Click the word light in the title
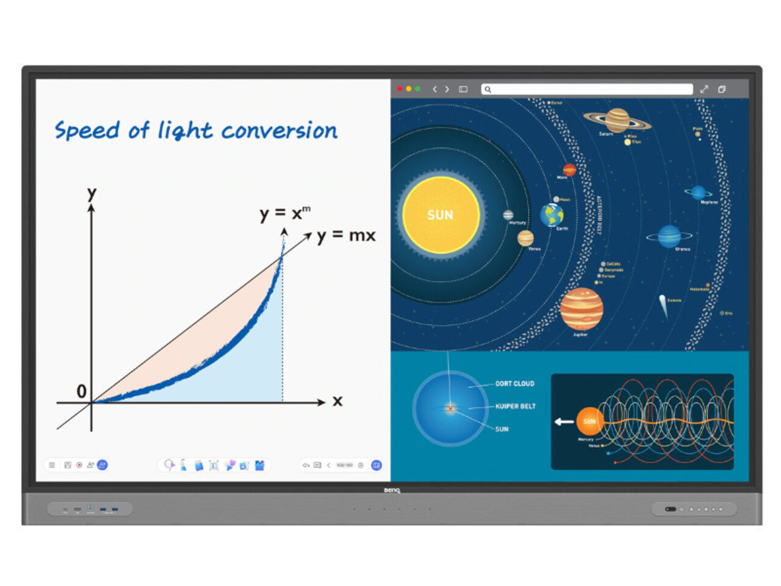tap(185, 130)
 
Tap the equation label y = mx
tap(346, 236)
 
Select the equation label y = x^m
tap(285, 213)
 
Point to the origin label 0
tap(81, 391)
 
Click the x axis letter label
tap(337, 401)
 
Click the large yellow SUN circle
tap(441, 215)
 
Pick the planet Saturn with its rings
tap(617, 120)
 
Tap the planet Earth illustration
tap(552, 215)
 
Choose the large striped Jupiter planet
tap(581, 309)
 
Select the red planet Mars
tap(569, 169)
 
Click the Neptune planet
tap(698, 193)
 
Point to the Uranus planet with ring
tap(669, 236)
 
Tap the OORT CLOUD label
tap(514, 384)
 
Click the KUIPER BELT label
tap(515, 407)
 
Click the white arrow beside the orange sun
tap(564, 421)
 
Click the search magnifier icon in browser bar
tap(488, 90)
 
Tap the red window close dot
tap(400, 89)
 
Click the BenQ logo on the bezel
tap(392, 490)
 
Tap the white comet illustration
tap(663, 305)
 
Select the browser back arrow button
tap(434, 89)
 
